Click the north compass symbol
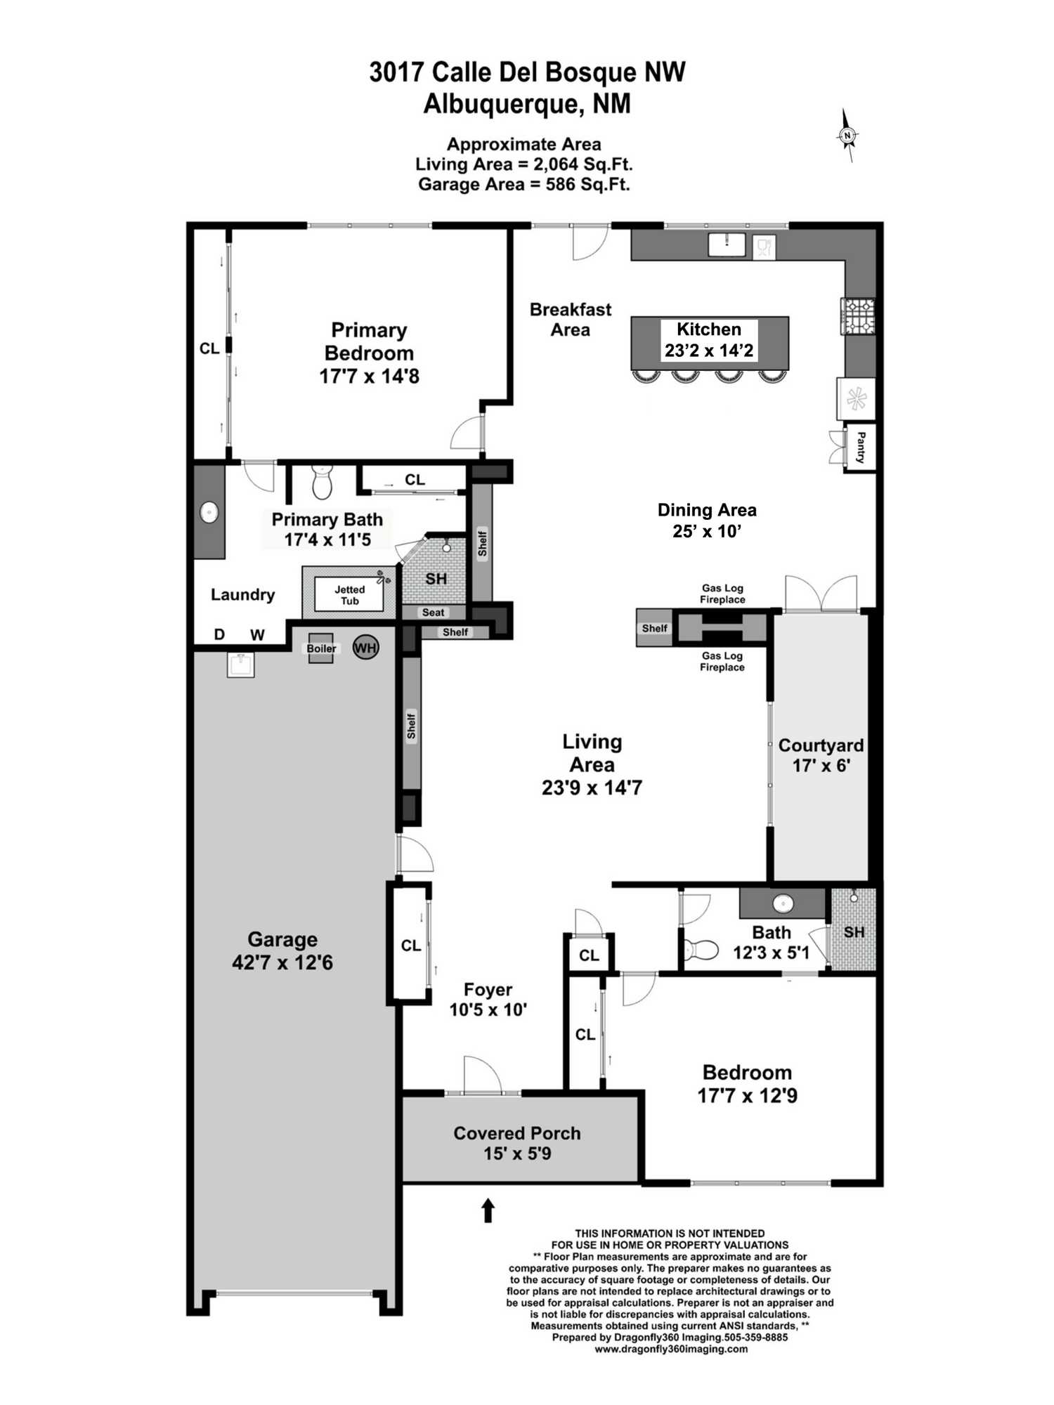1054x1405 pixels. pos(848,136)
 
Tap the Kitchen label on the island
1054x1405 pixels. pos(708,329)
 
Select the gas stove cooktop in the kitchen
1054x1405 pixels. pos(859,315)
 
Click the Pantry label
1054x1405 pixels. pos(860,447)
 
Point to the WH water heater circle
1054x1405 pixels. pos(365,648)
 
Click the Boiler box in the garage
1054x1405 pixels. pos(321,648)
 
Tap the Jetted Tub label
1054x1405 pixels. pos(349,595)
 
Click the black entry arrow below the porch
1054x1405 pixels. pos(488,1210)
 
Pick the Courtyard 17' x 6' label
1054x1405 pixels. pos(821,755)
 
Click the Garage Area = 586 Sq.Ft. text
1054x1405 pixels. pos(523,185)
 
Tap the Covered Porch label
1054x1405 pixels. pos(516,1133)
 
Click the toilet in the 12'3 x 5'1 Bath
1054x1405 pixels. pos(701,950)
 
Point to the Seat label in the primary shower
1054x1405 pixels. pos(433,613)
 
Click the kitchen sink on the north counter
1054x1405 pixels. pos(726,244)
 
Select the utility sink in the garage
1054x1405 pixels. pos(240,664)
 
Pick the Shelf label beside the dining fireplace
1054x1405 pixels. pos(654,629)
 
